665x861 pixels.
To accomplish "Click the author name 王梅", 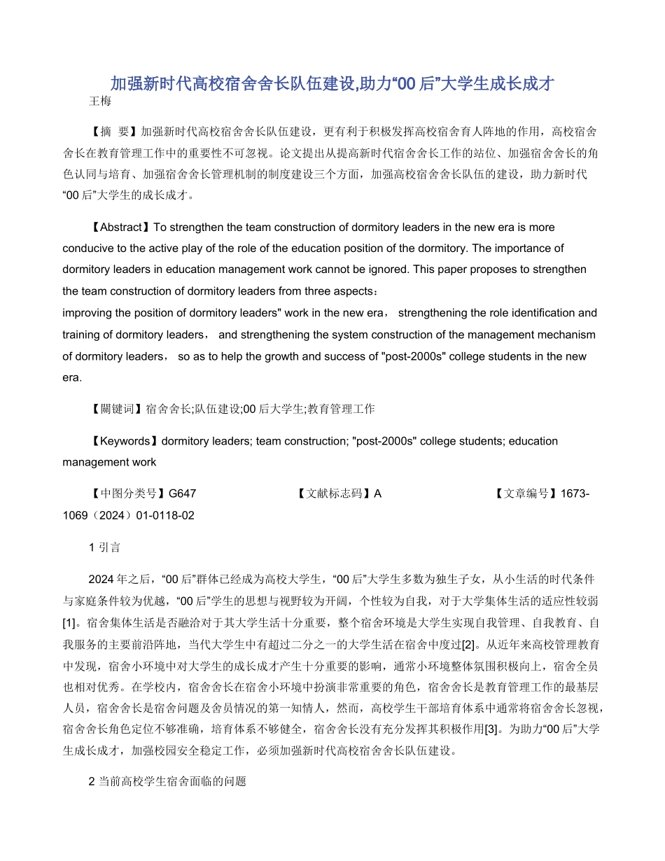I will (100, 101).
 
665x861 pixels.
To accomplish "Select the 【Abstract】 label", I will (120, 227).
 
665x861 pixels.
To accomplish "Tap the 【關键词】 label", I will (117, 409).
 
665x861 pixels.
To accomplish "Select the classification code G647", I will (182, 493).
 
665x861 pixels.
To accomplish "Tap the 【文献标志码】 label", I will (332, 493).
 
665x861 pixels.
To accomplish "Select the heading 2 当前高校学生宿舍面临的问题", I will (167, 781).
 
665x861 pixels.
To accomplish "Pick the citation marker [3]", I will (492, 729).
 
